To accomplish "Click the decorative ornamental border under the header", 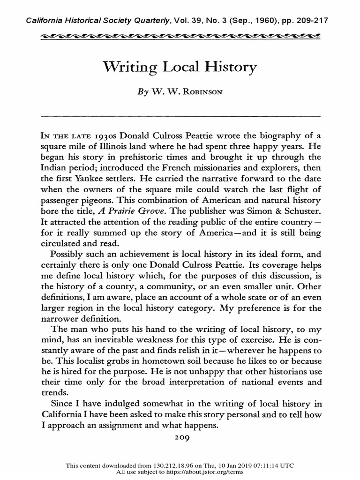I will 180,36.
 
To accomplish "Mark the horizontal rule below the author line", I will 180,115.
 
